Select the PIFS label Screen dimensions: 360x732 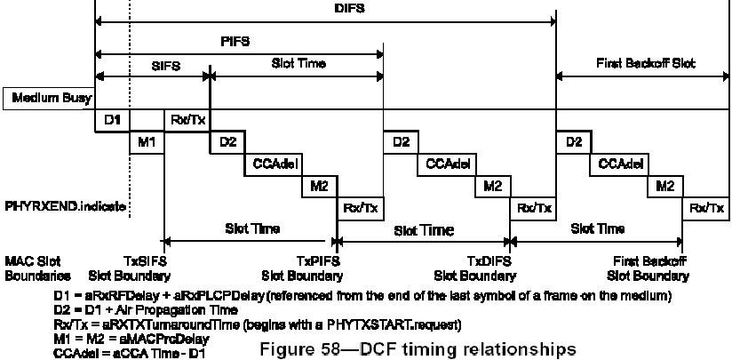[x=235, y=41]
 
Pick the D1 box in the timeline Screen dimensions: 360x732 [x=113, y=119]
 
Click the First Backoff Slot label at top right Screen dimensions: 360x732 [x=646, y=64]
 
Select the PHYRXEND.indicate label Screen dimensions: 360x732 [x=64, y=206]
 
